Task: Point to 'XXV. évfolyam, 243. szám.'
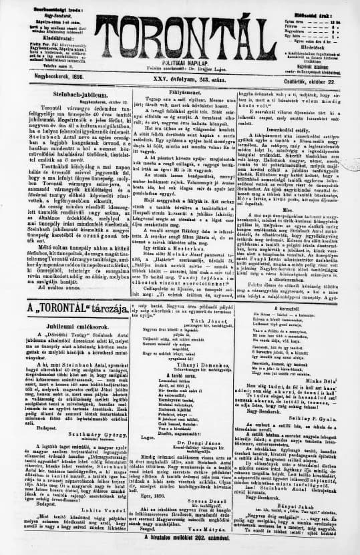pos(181,78)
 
